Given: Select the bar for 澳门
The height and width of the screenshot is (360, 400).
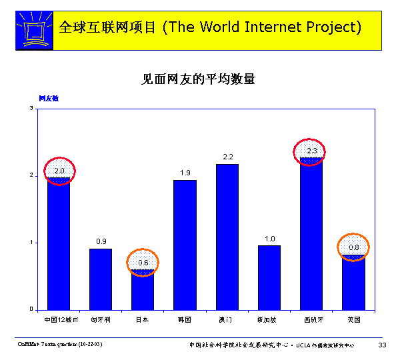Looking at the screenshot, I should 227,236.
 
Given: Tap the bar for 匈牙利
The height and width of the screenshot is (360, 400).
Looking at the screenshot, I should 101,279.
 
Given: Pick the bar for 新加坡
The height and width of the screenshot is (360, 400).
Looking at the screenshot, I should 269,277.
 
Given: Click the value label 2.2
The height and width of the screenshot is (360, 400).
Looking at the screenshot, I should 227,157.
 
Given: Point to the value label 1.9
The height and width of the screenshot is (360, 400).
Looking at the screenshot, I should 185,173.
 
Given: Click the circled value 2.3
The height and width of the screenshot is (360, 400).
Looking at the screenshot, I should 311,151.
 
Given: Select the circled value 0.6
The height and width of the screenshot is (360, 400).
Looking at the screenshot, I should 143,263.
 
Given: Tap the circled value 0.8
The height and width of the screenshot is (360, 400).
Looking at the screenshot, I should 353,247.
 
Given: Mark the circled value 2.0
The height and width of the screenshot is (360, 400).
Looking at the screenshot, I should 59,171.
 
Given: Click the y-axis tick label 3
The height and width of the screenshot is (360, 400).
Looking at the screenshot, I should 31,108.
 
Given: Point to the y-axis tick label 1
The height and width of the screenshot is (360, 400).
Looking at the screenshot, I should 31,243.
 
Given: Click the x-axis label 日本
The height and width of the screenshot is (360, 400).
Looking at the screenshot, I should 143,320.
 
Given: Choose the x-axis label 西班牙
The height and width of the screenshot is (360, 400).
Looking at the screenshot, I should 311,320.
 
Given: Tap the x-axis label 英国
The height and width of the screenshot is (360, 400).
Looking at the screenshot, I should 353,320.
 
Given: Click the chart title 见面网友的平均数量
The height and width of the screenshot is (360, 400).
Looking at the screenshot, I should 199,79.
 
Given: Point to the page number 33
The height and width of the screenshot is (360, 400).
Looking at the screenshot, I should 382,345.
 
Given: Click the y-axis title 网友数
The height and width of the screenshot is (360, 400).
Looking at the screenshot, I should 48,98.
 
